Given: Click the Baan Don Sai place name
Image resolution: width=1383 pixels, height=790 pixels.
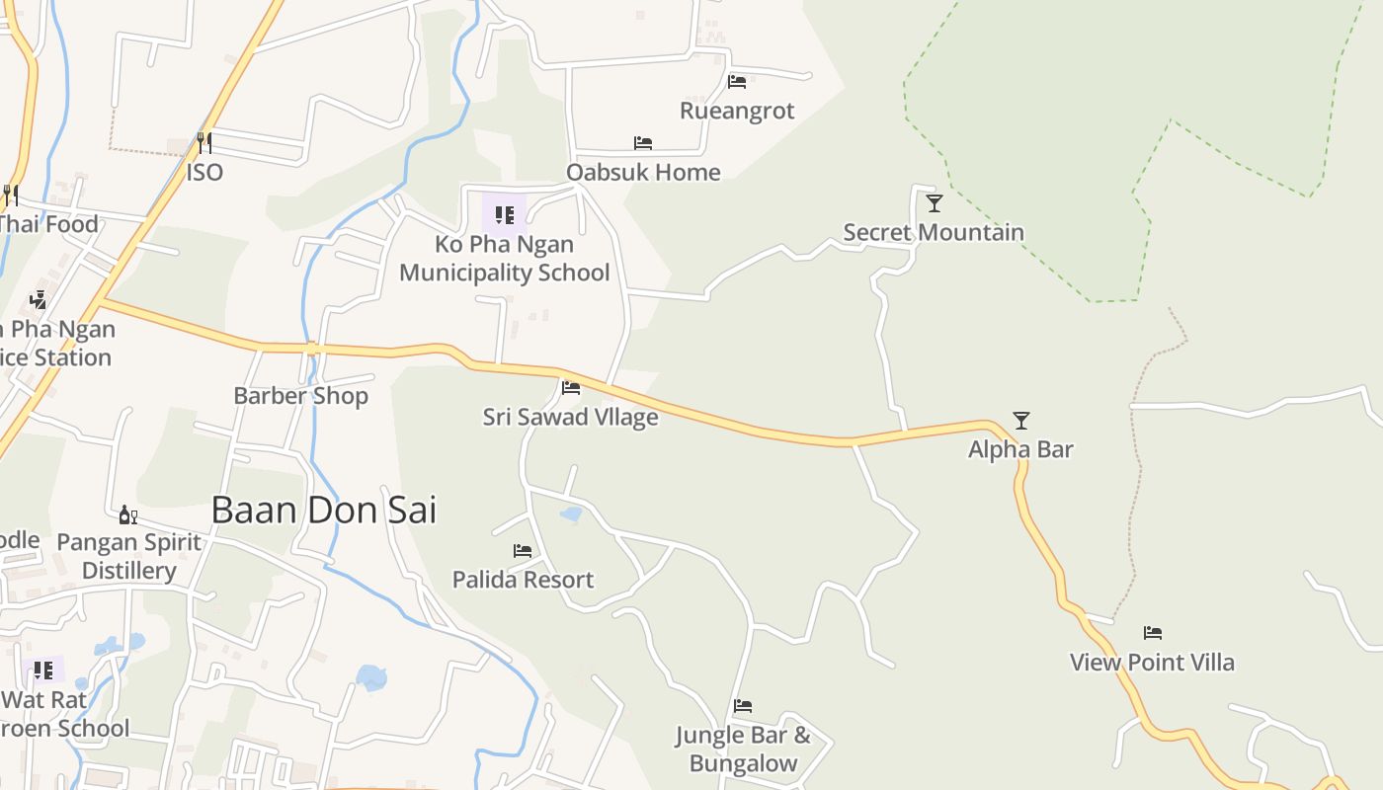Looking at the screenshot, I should (324, 511).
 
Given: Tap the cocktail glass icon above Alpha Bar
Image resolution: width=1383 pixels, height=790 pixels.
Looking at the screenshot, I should (1021, 421).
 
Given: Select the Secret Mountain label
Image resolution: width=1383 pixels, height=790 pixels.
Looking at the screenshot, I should (934, 233).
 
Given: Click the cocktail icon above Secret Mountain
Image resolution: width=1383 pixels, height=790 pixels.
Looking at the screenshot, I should (934, 203).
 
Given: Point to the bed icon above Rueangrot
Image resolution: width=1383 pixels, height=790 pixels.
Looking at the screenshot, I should (737, 82).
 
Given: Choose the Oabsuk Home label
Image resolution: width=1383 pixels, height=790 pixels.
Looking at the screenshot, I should (643, 172).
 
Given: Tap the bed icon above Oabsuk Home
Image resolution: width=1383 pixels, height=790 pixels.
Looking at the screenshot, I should (643, 143).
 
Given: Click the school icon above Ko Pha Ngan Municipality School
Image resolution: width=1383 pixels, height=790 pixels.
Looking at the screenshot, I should (504, 214).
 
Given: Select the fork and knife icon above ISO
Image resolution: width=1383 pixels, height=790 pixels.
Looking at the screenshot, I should (203, 143).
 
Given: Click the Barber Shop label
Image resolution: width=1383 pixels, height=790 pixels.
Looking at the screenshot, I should (300, 396).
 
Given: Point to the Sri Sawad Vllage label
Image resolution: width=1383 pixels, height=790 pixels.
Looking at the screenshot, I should (570, 417).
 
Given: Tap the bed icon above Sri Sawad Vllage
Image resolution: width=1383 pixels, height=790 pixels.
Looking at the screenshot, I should (571, 388).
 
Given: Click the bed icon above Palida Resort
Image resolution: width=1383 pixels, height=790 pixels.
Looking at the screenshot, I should (523, 551).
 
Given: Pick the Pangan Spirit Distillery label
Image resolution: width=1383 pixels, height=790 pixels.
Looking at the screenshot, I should (129, 556).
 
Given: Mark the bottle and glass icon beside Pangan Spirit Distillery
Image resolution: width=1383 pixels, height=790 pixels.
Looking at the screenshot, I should (127, 514).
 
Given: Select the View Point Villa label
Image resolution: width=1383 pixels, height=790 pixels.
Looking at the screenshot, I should (1152, 662).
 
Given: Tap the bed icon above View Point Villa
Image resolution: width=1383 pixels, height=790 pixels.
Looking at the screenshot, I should (1153, 633).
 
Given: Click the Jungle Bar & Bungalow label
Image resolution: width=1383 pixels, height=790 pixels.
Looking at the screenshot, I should (743, 749).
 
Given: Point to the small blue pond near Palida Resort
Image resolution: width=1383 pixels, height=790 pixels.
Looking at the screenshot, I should (571, 514).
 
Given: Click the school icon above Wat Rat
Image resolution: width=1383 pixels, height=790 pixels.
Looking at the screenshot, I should (43, 671).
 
